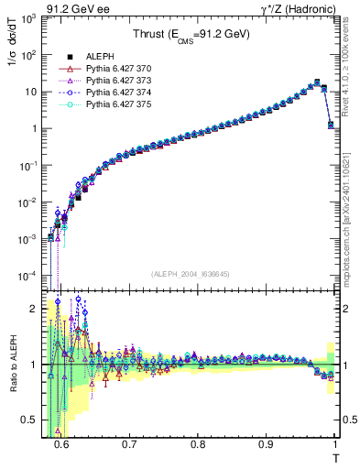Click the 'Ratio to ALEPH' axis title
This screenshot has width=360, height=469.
click(13, 366)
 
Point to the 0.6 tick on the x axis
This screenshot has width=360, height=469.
click(61, 444)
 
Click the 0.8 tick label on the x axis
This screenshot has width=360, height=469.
click(198, 444)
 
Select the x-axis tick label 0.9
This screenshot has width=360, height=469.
click(267, 444)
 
